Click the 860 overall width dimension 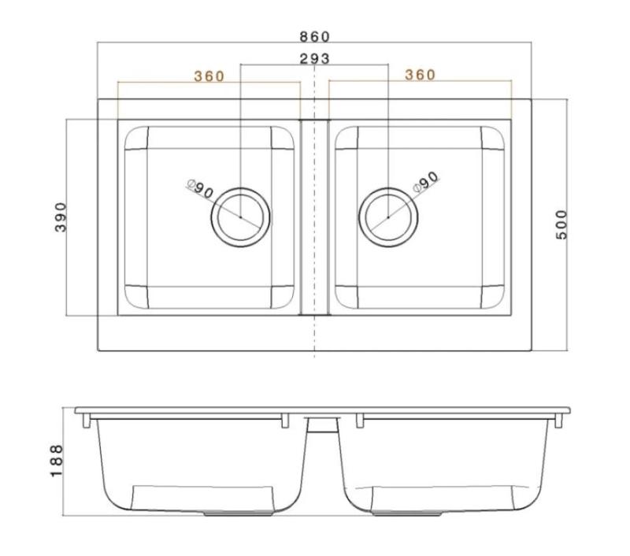point(314,36)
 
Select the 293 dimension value point(314,58)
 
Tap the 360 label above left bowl point(209,76)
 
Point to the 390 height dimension point(62,217)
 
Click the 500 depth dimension point(561,225)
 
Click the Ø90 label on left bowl point(201,190)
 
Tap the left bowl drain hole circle point(239,217)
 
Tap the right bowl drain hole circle point(388,217)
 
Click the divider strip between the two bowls point(314,217)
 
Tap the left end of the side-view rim point(80,411)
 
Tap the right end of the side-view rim point(567,411)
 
